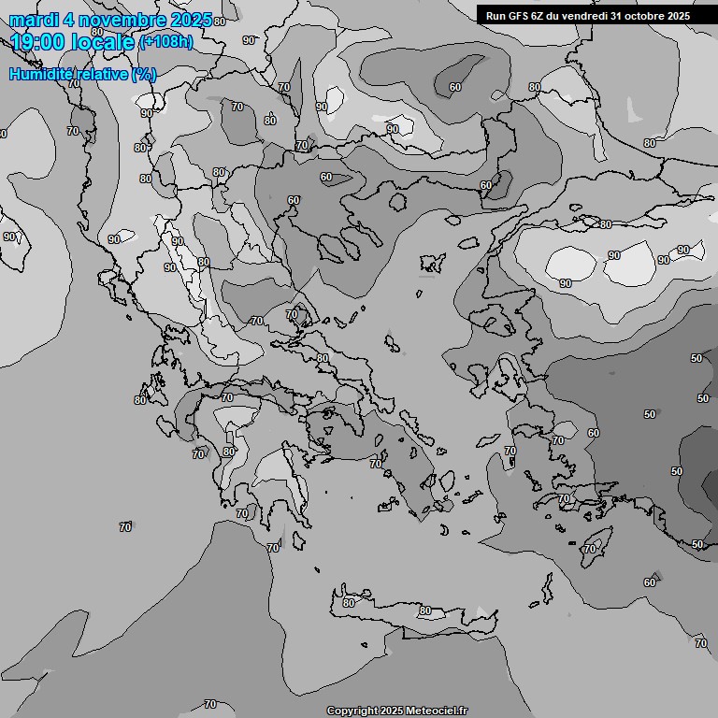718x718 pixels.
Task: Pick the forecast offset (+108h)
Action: [166, 42]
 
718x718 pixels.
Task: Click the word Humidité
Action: [38, 74]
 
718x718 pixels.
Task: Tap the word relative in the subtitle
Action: [98, 74]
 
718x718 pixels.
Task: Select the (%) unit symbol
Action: [144, 74]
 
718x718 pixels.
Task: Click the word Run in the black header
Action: [496, 15]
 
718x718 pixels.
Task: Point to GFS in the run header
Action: [519, 15]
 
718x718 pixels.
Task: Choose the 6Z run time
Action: [540, 15]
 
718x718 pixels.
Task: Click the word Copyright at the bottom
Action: [352, 711]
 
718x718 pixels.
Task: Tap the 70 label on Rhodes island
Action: [589, 549]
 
